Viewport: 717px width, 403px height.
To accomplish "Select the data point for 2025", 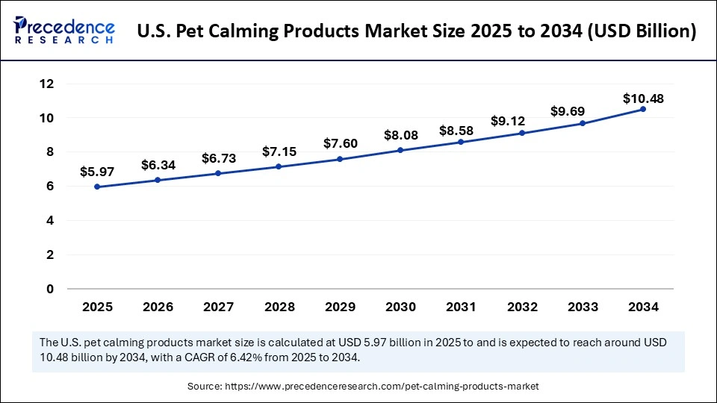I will click(97, 187).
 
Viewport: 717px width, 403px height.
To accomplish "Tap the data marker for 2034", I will click(643, 109).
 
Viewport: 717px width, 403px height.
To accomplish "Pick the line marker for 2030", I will click(400, 150).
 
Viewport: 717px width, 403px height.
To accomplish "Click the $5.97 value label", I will click(96, 172).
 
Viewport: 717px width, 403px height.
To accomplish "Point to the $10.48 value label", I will click(643, 99).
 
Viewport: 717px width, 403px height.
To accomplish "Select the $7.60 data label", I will click(340, 143).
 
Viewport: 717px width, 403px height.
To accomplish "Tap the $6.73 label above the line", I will click(218, 158).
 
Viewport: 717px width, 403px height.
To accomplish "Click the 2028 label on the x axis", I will click(279, 307).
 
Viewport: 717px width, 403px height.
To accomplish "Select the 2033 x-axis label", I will click(582, 307).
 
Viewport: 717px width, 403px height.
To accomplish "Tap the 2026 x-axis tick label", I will click(158, 307).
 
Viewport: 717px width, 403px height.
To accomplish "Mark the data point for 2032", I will click(522, 133).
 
